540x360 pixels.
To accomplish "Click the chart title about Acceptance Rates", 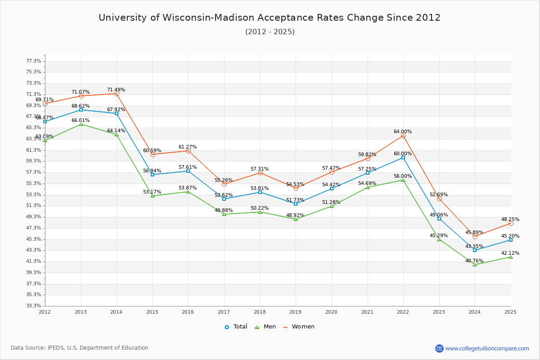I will click(x=270, y=18).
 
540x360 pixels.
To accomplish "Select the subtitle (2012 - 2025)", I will click(x=270, y=32).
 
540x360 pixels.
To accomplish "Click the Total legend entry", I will click(x=236, y=327).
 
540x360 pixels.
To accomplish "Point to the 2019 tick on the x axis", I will click(x=296, y=311).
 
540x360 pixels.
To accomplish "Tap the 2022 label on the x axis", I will click(x=403, y=311).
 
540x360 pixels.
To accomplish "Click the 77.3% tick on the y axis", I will click(x=34, y=61).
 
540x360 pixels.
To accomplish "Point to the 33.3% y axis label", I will click(x=34, y=306).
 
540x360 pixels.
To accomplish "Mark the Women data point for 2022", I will click(x=403, y=135).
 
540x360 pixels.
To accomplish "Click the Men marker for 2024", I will click(x=475, y=265).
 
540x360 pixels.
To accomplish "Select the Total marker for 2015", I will click(x=153, y=175).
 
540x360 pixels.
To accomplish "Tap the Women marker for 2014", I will click(x=117, y=94).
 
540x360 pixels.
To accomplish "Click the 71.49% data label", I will click(x=116, y=90).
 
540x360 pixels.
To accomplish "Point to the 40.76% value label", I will click(x=474, y=261).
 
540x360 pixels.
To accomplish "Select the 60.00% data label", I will click(x=403, y=154).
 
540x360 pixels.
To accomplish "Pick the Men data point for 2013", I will click(x=81, y=124).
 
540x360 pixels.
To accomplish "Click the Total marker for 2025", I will click(x=511, y=240).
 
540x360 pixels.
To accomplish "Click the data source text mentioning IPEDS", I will click(x=80, y=348).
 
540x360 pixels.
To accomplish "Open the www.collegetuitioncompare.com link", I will click(x=487, y=348).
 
